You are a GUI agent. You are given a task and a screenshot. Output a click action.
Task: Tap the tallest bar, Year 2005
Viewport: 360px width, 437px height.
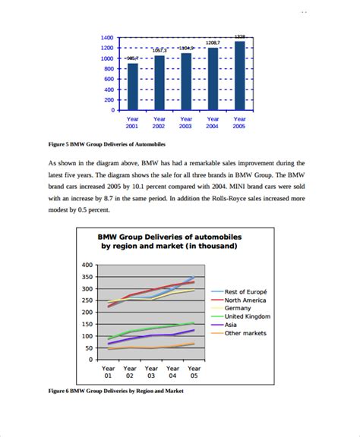click(240, 75)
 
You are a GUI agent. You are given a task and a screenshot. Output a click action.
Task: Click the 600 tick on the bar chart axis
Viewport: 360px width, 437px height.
click(109, 79)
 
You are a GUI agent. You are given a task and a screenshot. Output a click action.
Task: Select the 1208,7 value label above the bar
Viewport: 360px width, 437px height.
click(213, 42)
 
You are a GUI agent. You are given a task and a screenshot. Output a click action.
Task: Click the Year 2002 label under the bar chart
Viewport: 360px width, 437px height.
click(159, 123)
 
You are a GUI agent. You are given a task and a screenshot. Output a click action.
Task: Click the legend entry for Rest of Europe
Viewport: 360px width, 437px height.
click(248, 292)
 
